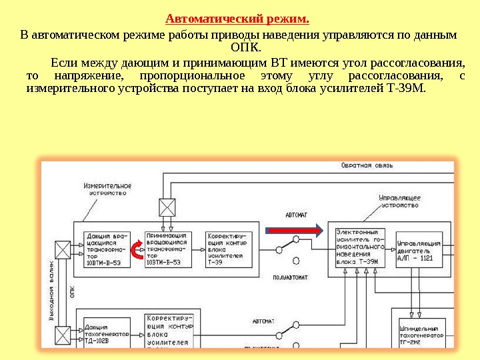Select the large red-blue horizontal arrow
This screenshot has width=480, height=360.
[x=295, y=230]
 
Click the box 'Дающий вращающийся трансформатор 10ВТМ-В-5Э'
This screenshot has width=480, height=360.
[x=107, y=249]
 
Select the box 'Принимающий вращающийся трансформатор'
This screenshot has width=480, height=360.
[x=167, y=249]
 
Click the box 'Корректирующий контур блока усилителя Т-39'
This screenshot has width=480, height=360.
[x=227, y=249]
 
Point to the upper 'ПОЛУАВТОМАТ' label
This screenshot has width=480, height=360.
[x=294, y=275]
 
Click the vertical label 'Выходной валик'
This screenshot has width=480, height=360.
[x=51, y=293]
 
